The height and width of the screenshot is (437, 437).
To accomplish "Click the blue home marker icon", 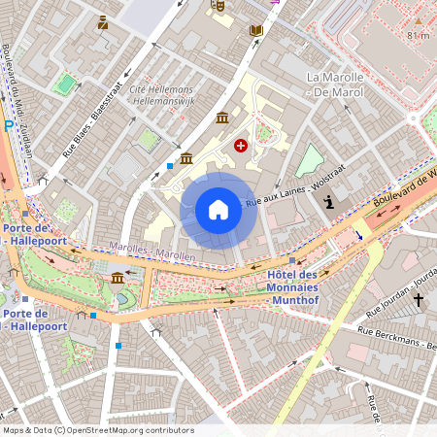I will pyautogui.click(x=218, y=210).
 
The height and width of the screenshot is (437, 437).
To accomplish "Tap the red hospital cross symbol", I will pyautogui.click(x=240, y=145).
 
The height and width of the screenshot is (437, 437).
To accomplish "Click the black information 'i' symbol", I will pyautogui.click(x=330, y=202).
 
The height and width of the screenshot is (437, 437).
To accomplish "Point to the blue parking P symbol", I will pyautogui.click(x=9, y=125).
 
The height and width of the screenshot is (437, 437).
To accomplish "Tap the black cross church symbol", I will pyautogui.click(x=419, y=301).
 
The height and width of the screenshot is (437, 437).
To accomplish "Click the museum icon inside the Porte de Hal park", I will pyautogui.click(x=118, y=279).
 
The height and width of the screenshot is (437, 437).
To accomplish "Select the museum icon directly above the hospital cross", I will pyautogui.click(x=222, y=118).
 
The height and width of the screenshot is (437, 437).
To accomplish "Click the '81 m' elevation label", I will pyautogui.click(x=418, y=35).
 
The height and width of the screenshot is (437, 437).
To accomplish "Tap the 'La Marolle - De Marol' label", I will pyautogui.click(x=335, y=84).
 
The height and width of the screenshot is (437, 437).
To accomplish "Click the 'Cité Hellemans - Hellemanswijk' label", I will pyautogui.click(x=161, y=94).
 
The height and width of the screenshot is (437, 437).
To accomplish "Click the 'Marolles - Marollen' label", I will pyautogui.click(x=152, y=251).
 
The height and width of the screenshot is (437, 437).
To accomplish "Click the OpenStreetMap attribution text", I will pyautogui.click(x=97, y=430).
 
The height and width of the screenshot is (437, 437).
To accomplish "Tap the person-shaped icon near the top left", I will pyautogui.click(x=103, y=21).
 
